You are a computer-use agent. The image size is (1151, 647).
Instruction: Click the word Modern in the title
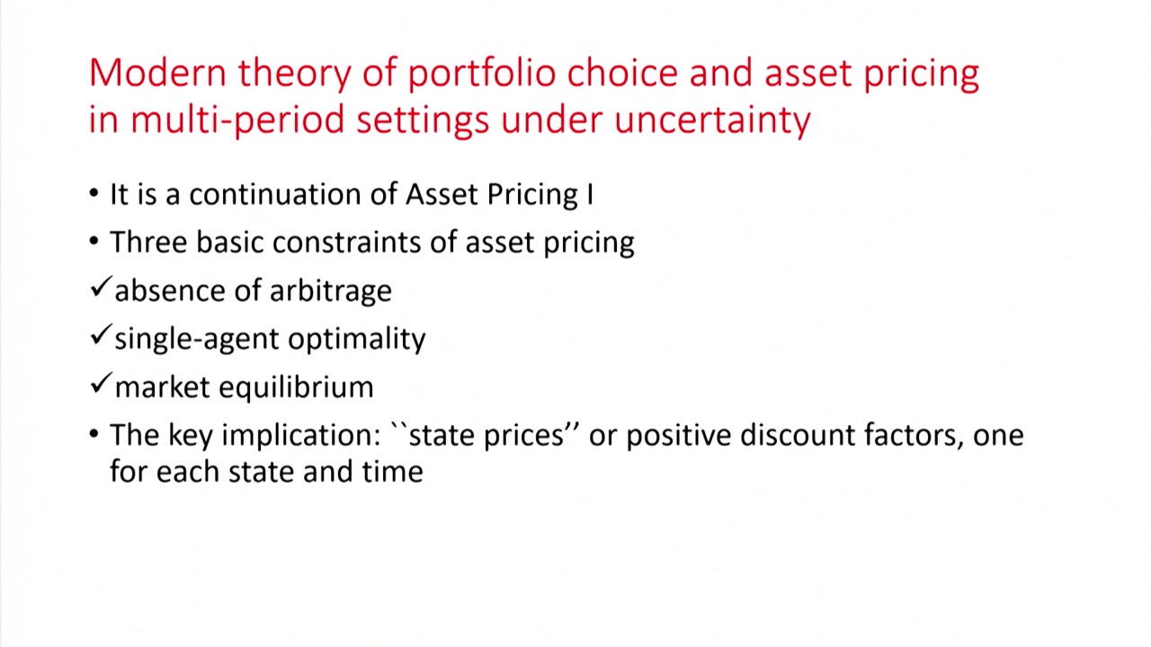click(x=157, y=73)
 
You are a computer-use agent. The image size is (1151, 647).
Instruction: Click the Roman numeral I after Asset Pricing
click(x=590, y=194)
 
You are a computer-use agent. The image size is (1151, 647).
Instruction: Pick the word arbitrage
click(x=330, y=291)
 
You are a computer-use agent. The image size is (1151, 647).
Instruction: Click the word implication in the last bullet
click(x=301, y=436)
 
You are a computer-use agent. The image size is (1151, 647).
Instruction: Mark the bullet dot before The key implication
click(x=94, y=435)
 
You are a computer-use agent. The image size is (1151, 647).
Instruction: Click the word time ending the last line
click(x=392, y=472)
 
